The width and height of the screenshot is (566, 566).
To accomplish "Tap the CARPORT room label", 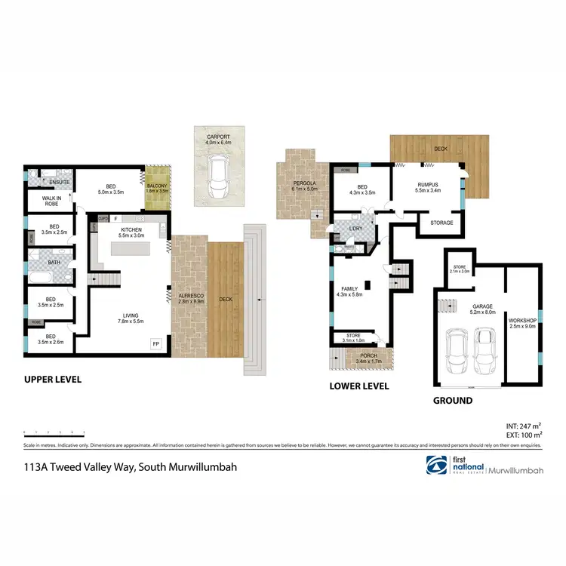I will [218, 137].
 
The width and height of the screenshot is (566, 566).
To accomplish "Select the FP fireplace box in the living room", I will [157, 343].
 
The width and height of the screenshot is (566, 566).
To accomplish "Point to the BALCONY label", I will [157, 186].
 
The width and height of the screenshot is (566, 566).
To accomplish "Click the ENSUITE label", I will [59, 183].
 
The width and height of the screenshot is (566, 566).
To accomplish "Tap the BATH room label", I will [54, 263].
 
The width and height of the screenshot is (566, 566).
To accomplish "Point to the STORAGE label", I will [441, 223].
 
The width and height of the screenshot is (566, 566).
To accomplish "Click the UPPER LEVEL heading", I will [53, 379].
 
